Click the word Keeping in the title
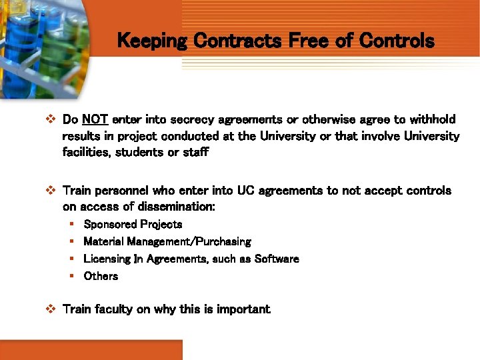[152, 41]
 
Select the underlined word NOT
[95, 120]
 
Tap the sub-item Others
[101, 276]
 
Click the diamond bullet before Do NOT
[49, 120]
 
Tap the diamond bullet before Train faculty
[49, 309]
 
